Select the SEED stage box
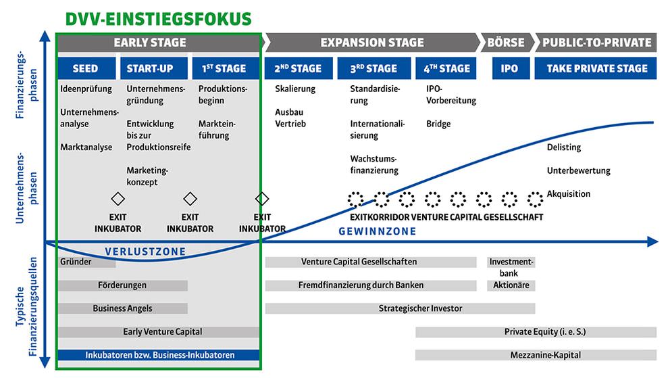pos(85,68)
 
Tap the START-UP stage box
pos(149,68)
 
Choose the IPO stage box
pos(509,68)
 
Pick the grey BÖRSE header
pos(506,43)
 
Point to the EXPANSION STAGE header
pos(371,43)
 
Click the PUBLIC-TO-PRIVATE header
pos(597,43)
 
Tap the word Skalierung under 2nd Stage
pos(295,89)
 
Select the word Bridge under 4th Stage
pos(438,124)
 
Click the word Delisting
pos(563,147)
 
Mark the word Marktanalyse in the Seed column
pos(86,147)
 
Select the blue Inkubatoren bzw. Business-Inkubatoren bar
pos(159,354)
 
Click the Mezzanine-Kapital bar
pos(536,354)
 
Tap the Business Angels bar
pos(122,308)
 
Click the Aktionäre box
pos(511,285)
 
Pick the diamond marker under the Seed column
pos(118,199)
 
